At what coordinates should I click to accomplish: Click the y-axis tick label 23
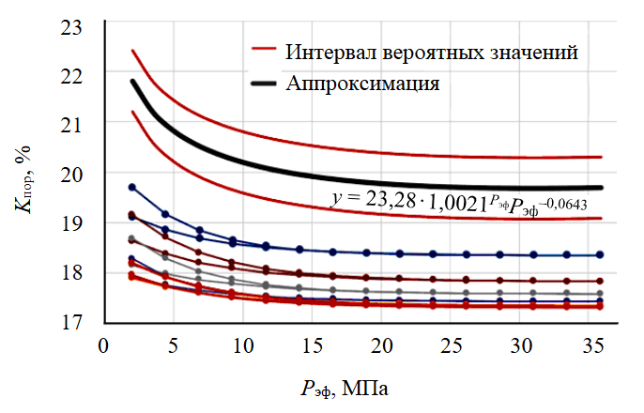click(72, 26)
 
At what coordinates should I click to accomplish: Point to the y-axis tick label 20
click(72, 173)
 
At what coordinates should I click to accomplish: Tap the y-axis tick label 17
click(72, 322)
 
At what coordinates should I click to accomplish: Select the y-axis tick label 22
click(72, 74)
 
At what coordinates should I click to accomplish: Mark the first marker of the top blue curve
click(132, 188)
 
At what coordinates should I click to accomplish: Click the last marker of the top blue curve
click(600, 254)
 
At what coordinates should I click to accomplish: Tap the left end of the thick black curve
click(132, 82)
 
